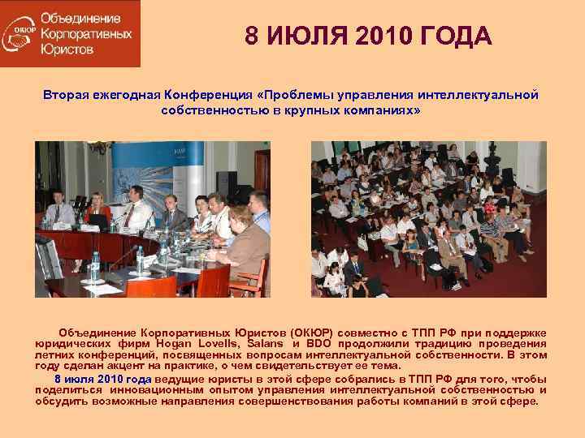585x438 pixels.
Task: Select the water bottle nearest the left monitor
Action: pyautogui.click(x=95, y=263)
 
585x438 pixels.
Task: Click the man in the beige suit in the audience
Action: pyautogui.click(x=448, y=253)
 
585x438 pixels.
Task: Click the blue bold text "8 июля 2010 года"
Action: pyautogui.click(x=102, y=379)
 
